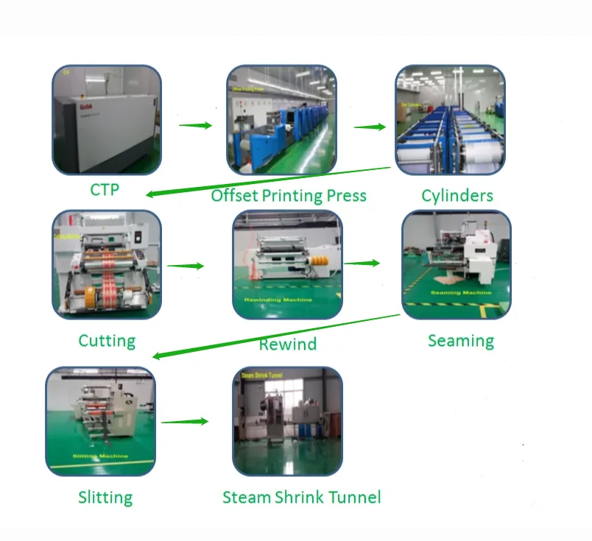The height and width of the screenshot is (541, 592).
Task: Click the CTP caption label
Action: point(105,189)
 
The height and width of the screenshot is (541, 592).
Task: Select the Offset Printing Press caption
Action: point(289,195)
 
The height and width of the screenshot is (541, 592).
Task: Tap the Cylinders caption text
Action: point(457,195)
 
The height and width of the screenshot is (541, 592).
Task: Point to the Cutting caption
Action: point(107,341)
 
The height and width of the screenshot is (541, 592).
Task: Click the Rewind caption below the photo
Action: point(287,344)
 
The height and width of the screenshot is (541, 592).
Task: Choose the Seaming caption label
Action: point(461,340)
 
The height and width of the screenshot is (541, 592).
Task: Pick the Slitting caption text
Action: point(105,497)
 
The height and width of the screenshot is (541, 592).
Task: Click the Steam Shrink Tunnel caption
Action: point(302,497)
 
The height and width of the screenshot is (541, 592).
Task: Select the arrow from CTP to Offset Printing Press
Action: point(195,125)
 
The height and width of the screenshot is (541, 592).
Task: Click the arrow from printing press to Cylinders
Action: point(370,127)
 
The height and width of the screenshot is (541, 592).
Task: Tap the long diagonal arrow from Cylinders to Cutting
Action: point(269,181)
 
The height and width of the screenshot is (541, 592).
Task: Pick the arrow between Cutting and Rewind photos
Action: point(186,266)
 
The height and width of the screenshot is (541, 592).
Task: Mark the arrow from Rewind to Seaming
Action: point(362,262)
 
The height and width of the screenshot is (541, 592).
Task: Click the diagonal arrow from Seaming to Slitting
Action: point(276,336)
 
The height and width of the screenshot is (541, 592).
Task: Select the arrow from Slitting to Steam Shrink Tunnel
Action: point(185,422)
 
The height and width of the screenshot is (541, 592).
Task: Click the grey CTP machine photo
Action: point(106,120)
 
